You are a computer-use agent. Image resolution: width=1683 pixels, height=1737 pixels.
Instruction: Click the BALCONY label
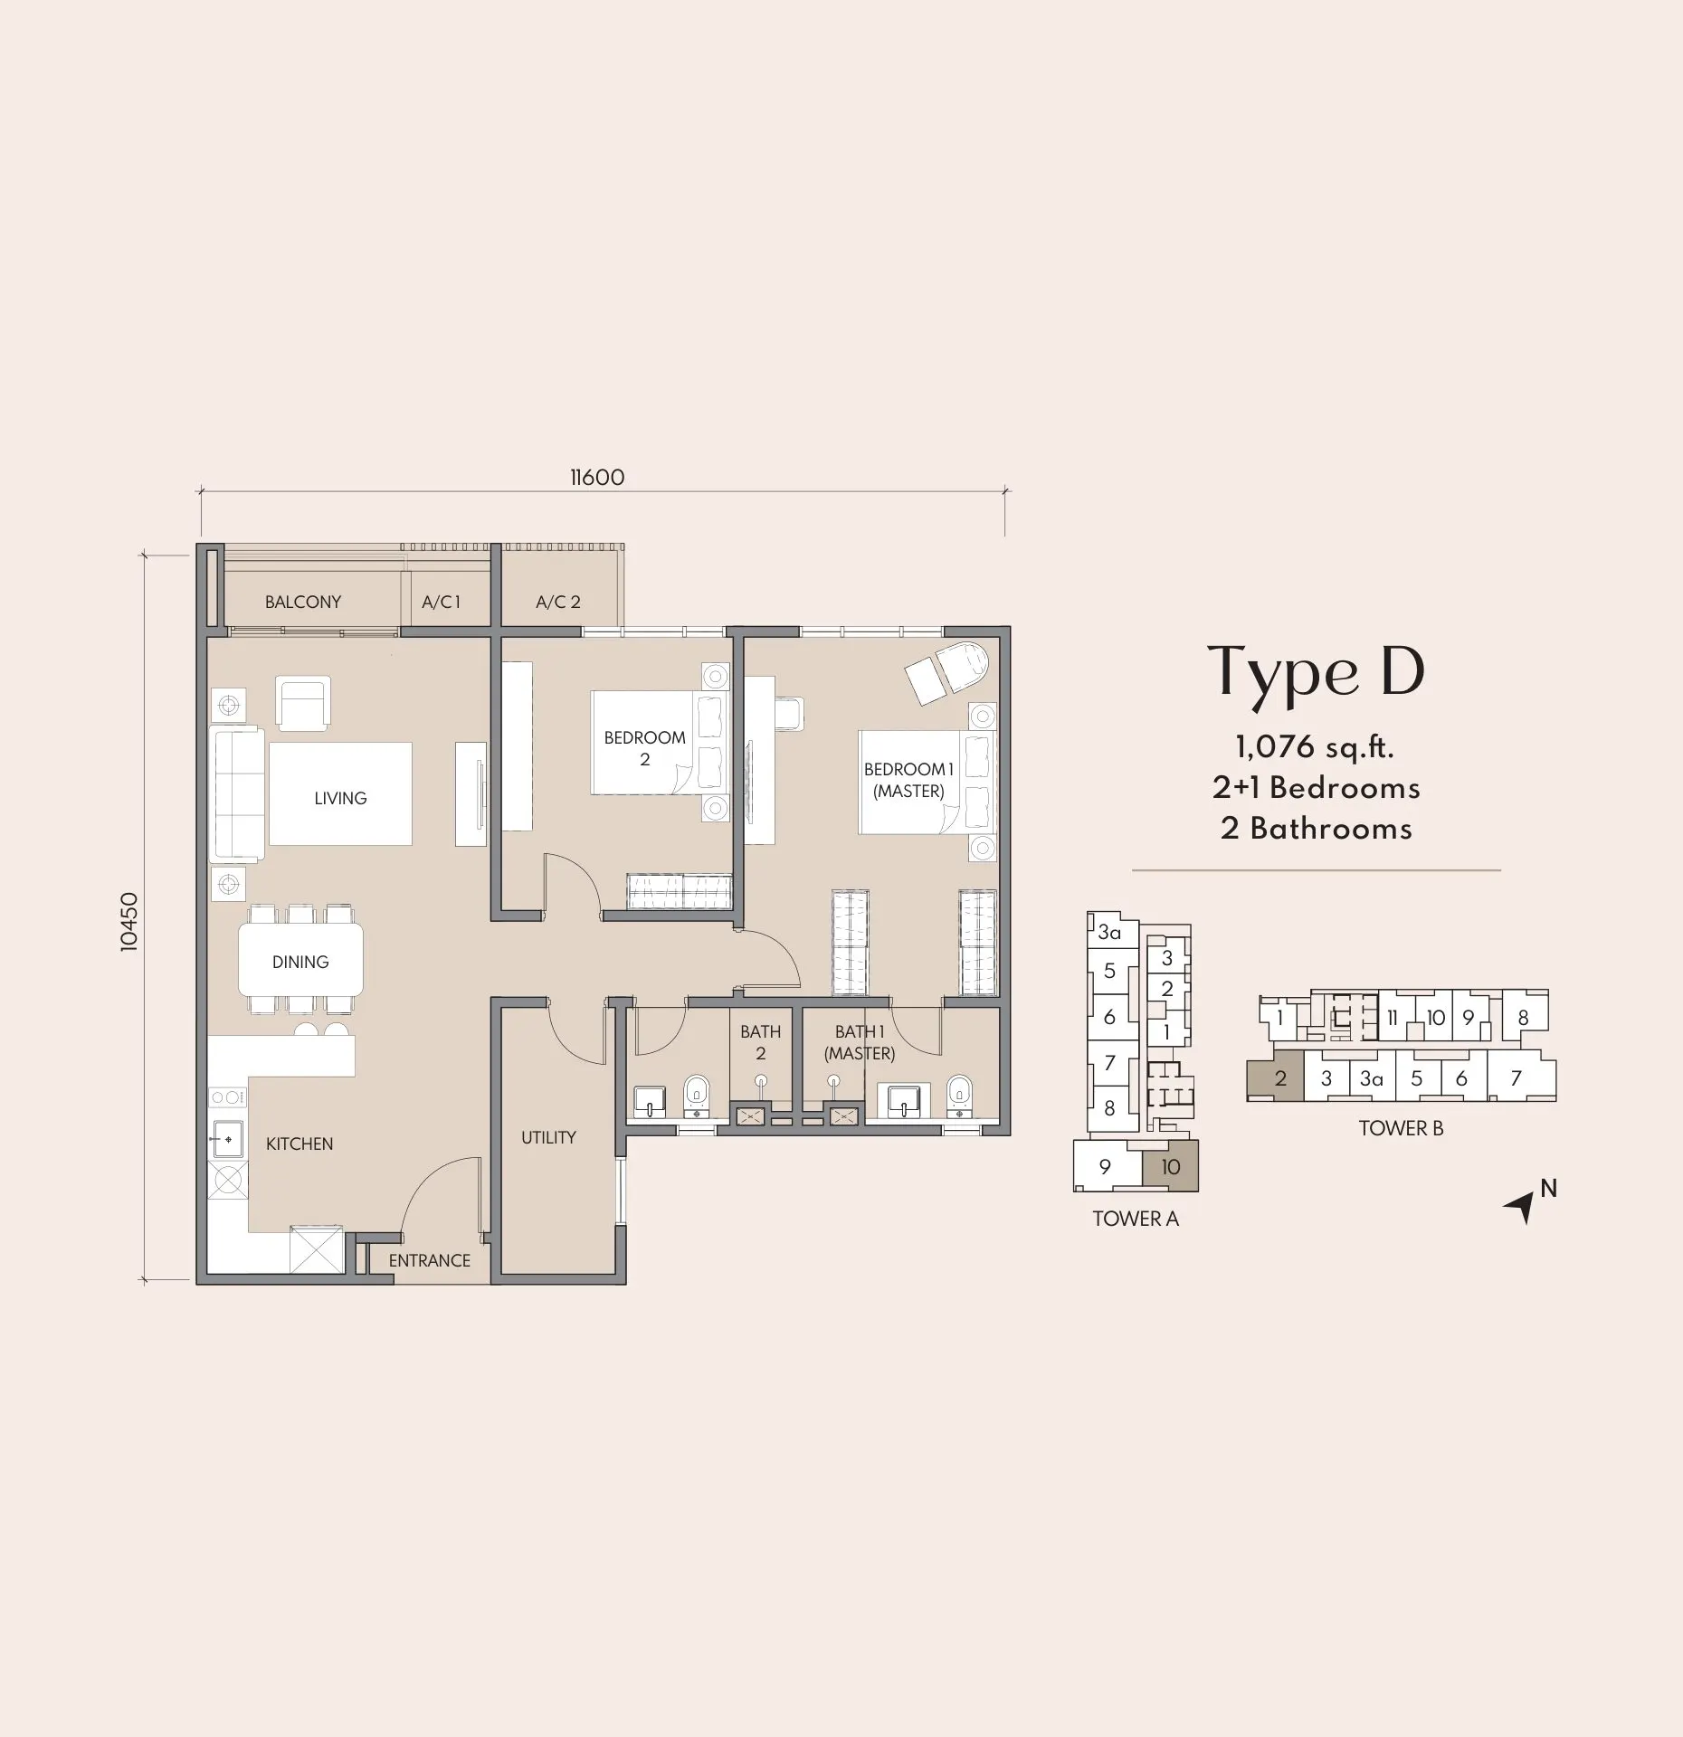click(302, 602)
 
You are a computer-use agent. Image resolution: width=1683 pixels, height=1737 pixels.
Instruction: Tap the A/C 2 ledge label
click(557, 602)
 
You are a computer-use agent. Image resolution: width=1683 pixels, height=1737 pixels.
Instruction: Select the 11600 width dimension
click(597, 477)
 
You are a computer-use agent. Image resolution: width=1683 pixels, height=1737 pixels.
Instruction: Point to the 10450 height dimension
click(129, 921)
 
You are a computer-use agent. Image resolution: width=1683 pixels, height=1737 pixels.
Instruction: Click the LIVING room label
click(340, 798)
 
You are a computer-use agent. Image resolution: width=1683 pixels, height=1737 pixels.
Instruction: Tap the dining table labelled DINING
click(300, 959)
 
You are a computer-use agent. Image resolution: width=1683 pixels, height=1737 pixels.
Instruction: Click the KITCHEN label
click(300, 1144)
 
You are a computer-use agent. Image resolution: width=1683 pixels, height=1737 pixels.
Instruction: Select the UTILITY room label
click(548, 1137)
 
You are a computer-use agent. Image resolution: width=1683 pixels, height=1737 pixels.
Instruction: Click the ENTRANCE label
click(429, 1260)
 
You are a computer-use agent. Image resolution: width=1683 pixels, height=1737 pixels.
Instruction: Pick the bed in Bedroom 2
click(660, 743)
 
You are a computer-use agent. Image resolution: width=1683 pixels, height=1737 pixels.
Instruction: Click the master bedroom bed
click(927, 782)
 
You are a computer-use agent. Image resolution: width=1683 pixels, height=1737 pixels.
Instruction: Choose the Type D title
click(1317, 673)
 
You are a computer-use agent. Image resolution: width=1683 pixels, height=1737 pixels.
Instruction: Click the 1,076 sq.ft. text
click(1315, 747)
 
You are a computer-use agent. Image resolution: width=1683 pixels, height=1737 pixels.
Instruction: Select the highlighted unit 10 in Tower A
click(1170, 1165)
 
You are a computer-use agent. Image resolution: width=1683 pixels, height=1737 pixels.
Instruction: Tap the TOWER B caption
click(1401, 1128)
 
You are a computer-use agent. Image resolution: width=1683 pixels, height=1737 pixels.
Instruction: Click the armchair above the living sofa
click(303, 704)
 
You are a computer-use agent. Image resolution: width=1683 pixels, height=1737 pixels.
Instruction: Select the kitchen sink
click(227, 1140)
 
